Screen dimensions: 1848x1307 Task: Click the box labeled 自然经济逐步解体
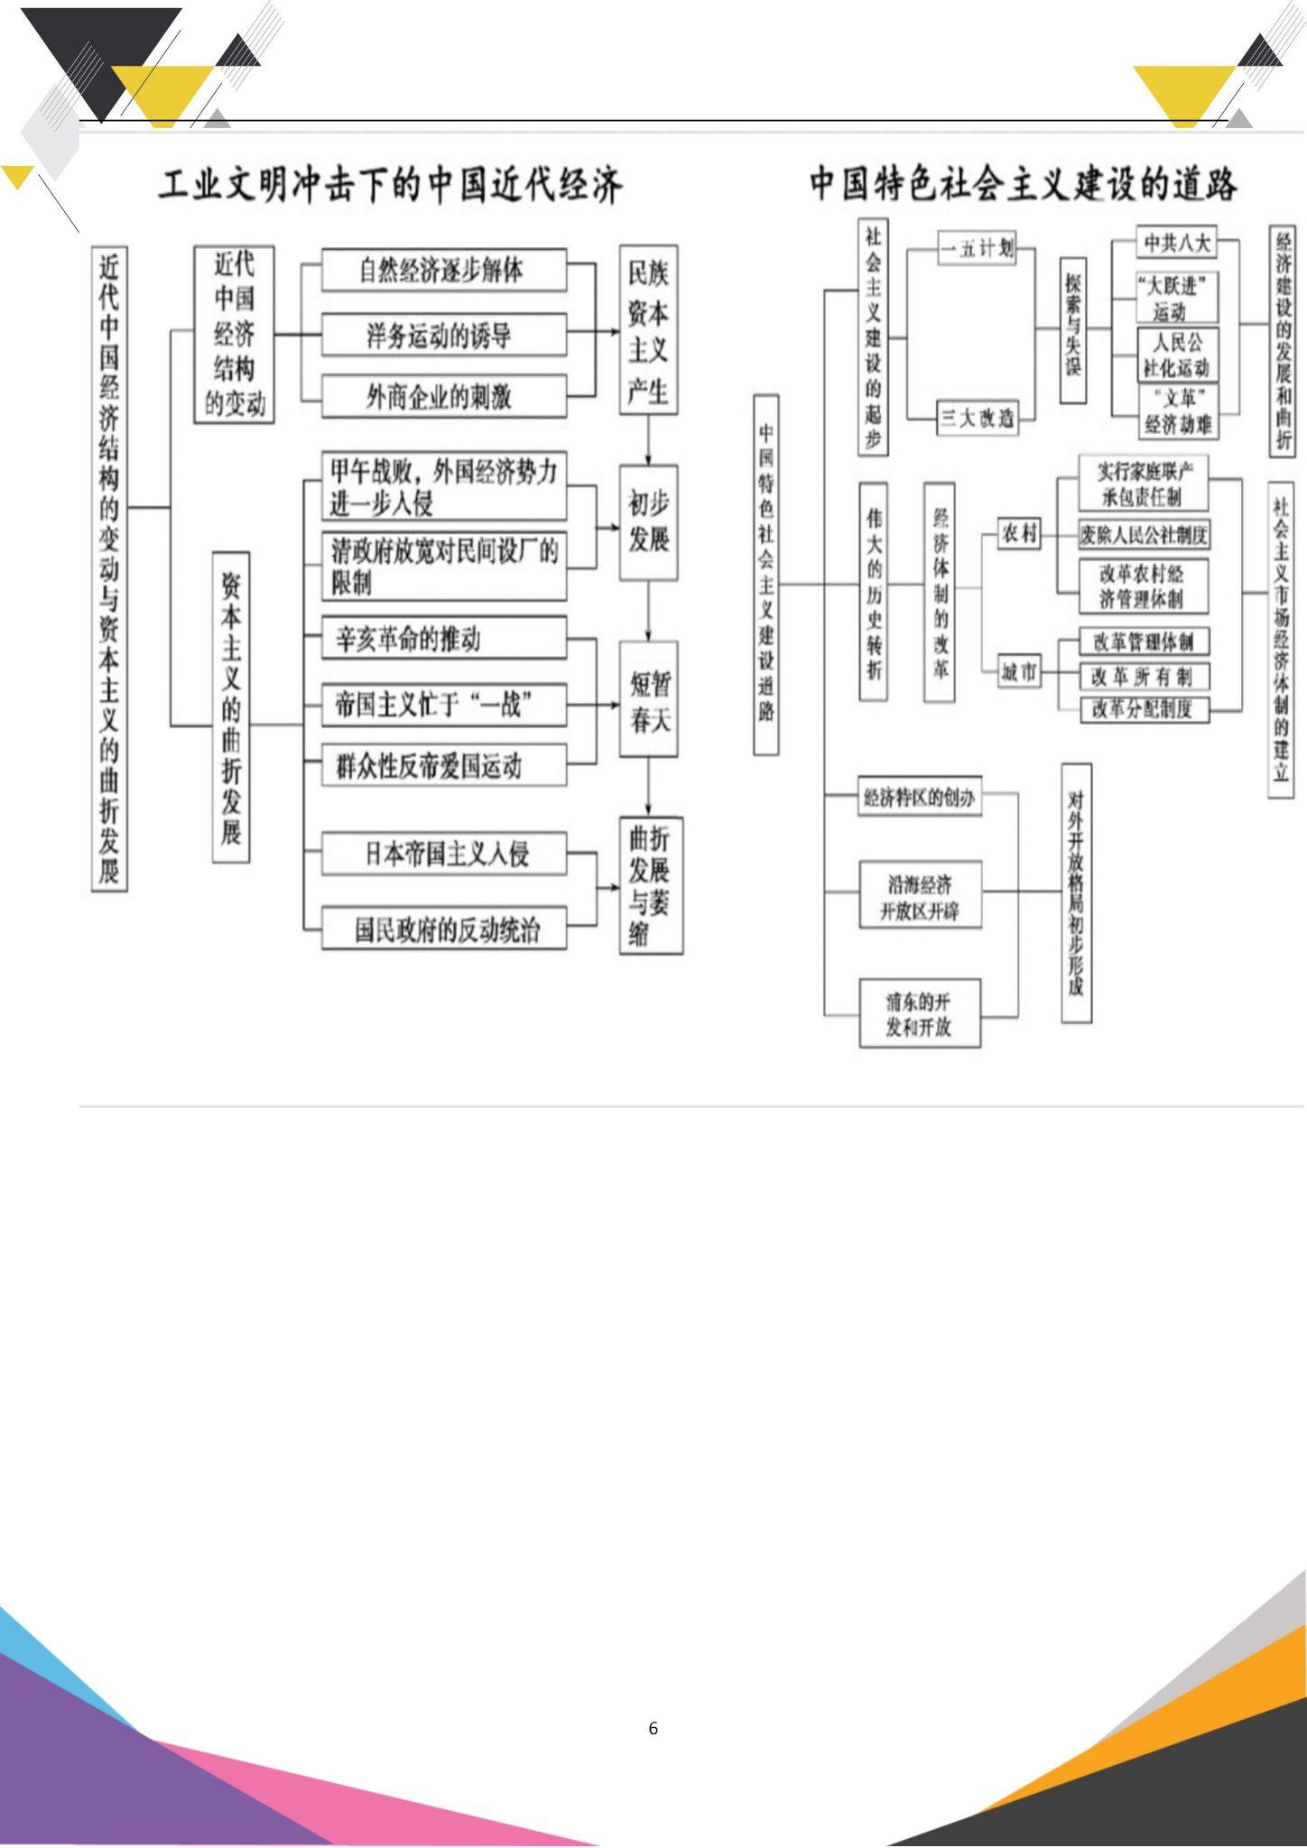coord(443,271)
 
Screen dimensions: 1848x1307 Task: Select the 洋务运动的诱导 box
coord(443,336)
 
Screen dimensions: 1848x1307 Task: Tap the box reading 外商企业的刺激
coord(443,396)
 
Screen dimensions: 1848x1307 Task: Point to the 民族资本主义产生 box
coord(648,330)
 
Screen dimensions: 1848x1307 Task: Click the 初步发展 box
coord(648,522)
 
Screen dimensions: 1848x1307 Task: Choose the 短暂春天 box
coord(648,699)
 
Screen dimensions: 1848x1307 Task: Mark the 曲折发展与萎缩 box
coord(651,885)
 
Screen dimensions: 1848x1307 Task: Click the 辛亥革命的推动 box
coord(443,639)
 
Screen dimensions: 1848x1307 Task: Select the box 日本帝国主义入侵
coord(443,854)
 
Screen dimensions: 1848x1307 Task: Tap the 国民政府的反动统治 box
coord(443,929)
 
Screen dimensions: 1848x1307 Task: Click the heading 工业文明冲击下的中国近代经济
coord(391,185)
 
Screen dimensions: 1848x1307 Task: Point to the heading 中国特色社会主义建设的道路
coord(1023,184)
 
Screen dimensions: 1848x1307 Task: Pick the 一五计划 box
coord(977,248)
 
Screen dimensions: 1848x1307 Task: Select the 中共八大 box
coord(1176,243)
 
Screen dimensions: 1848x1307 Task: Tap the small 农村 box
coord(1018,534)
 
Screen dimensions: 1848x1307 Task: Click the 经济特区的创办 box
coord(920,799)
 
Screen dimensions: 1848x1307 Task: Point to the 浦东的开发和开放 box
coord(919,1014)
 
